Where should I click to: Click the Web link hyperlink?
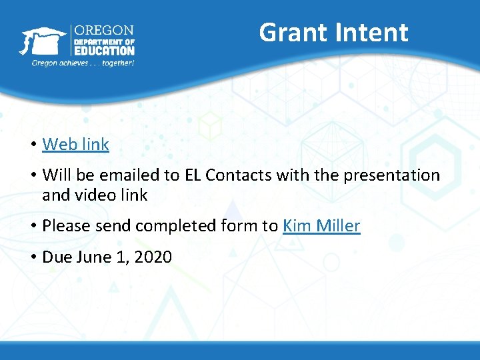point(75,144)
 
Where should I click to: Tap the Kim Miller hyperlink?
point(321,226)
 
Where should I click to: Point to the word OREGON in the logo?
point(103,31)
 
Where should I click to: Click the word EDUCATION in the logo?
point(103,51)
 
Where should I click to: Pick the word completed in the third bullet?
point(170,226)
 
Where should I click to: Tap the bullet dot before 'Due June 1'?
point(32,257)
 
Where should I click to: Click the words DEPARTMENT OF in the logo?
point(103,41)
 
